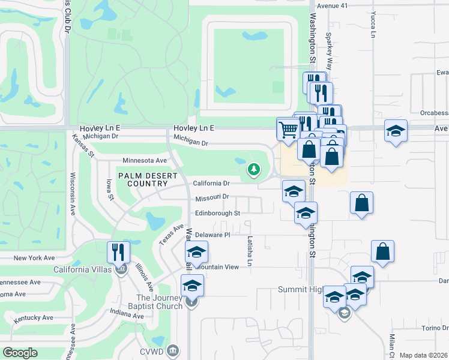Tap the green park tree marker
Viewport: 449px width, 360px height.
[x=254, y=170]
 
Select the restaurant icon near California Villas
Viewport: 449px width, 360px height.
[x=118, y=252]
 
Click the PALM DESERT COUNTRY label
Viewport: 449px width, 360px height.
[x=148, y=179]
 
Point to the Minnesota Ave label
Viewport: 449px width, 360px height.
[x=145, y=161]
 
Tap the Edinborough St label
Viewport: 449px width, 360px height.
[x=217, y=213]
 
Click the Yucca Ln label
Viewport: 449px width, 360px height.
[x=373, y=24]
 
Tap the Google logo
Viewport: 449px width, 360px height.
[x=20, y=353]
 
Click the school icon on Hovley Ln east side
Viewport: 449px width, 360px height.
[x=396, y=131]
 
